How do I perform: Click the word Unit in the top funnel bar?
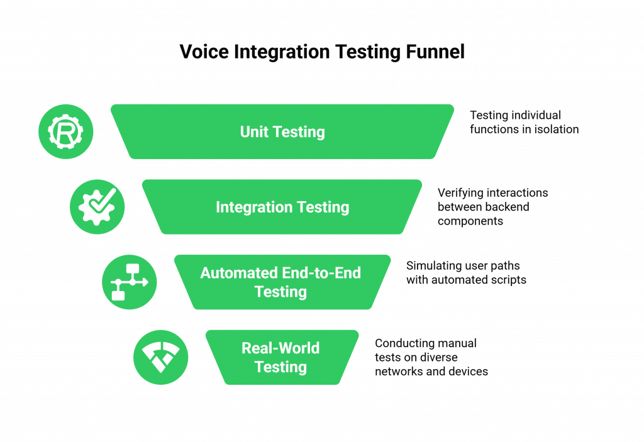pos(255,132)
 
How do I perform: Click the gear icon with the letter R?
pos(65,132)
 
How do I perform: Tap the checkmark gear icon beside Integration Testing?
pos(97,207)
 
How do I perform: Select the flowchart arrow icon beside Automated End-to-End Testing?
pos(129,282)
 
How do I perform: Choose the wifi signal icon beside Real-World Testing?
pos(160,357)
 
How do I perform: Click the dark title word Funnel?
pos(434,52)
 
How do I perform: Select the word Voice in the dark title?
pos(204,52)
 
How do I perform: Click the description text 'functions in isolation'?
pos(524,129)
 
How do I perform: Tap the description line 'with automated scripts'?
pos(466,280)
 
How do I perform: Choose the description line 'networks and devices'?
pos(431,372)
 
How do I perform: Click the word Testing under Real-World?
pos(280,367)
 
